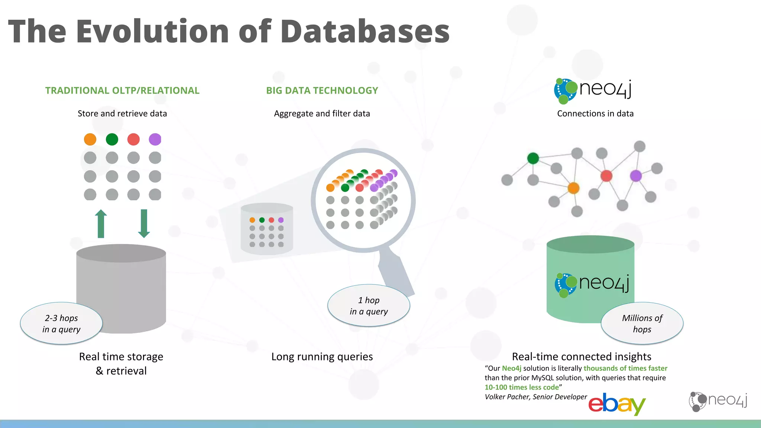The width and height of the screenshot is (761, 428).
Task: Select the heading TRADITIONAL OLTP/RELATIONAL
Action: click(x=122, y=91)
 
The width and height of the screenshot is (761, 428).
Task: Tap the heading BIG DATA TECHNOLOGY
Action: click(x=322, y=91)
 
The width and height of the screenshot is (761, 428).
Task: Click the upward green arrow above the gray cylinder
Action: click(x=101, y=224)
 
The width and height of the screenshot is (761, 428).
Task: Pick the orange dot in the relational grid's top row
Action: click(x=90, y=139)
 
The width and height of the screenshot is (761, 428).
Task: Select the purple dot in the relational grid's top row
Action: click(x=155, y=139)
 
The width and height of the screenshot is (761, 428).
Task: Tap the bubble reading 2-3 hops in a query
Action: click(x=61, y=324)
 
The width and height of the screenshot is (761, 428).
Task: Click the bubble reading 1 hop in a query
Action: click(x=369, y=306)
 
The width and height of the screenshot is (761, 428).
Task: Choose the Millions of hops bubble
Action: click(x=642, y=324)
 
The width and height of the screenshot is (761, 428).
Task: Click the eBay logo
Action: click(x=617, y=404)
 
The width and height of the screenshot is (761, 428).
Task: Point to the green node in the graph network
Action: click(x=533, y=158)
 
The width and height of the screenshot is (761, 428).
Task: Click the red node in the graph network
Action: click(x=606, y=176)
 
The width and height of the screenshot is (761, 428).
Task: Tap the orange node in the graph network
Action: click(x=573, y=188)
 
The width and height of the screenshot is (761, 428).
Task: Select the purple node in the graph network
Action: click(x=636, y=176)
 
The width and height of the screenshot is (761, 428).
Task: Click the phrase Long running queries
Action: click(x=322, y=357)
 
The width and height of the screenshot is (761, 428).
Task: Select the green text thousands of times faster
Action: click(x=625, y=368)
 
